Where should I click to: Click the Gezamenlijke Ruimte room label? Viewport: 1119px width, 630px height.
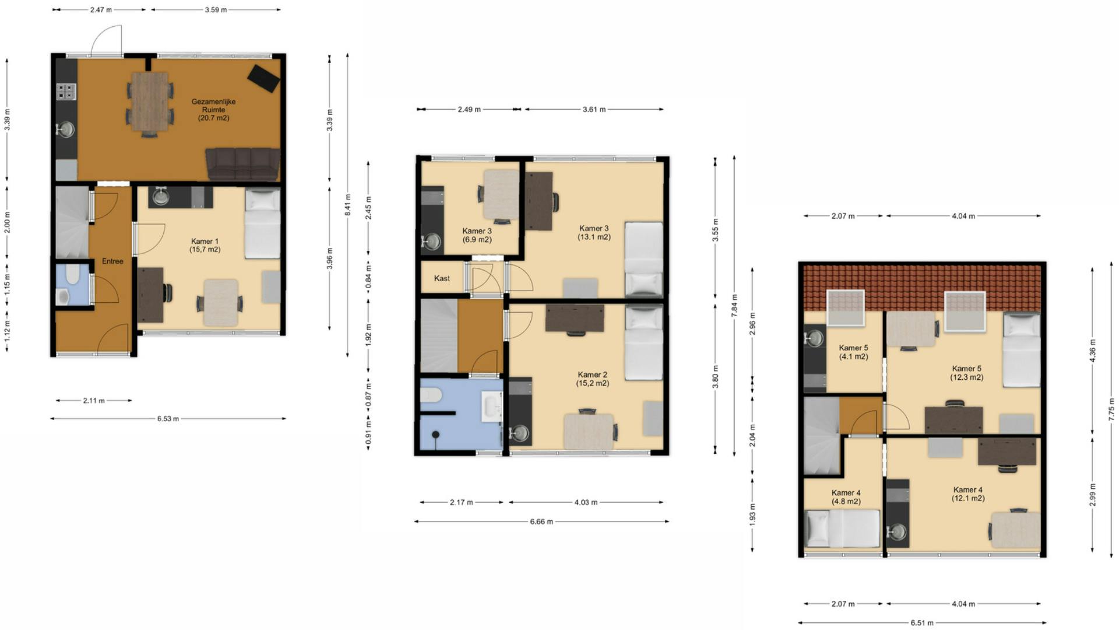(x=213, y=110)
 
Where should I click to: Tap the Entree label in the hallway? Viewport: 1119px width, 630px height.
(x=112, y=261)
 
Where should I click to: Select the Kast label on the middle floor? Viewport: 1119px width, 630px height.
(x=442, y=278)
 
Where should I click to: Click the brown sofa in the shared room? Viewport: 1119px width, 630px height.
(x=242, y=163)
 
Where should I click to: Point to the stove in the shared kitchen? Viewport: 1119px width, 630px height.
(x=66, y=92)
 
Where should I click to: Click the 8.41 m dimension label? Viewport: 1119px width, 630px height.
(x=348, y=205)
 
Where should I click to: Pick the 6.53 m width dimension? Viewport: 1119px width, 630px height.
(x=168, y=419)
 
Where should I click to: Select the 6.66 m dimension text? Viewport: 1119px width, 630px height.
(x=541, y=521)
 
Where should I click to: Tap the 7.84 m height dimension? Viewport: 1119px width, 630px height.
(x=734, y=306)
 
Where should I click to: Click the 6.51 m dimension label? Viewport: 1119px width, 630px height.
(x=922, y=622)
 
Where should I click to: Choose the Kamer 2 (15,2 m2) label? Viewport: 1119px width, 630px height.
(x=593, y=379)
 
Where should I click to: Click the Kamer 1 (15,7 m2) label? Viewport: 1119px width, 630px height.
(x=205, y=245)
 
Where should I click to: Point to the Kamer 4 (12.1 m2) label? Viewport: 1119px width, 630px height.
(x=968, y=494)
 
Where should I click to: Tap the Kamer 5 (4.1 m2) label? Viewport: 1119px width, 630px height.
(x=853, y=352)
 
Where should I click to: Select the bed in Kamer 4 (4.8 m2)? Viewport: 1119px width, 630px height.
(x=842, y=528)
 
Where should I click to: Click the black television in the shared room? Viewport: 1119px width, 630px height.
(x=263, y=78)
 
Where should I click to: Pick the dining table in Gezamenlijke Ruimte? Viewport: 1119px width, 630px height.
(x=149, y=101)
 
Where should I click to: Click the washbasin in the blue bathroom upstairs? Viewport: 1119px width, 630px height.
(x=491, y=406)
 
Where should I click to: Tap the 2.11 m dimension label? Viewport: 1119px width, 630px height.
(x=94, y=401)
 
